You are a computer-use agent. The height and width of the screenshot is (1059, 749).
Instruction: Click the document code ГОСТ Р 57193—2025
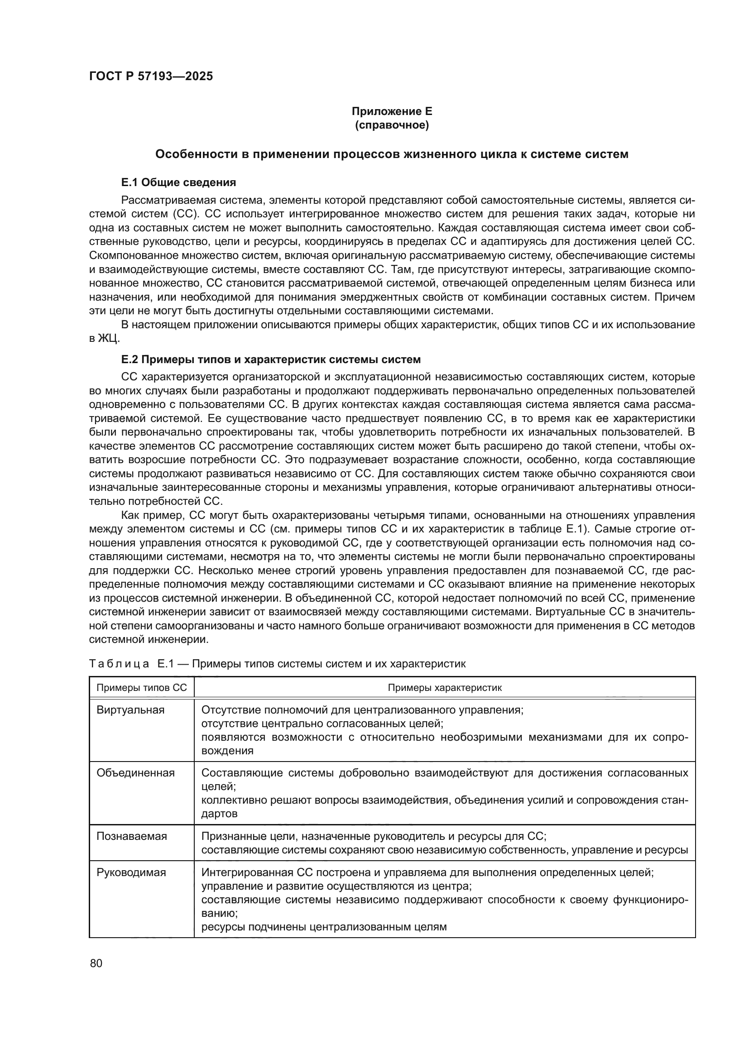pos(151,77)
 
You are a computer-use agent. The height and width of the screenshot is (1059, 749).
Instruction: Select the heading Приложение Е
pos(392,112)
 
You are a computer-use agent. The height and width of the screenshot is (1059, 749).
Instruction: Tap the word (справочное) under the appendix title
pos(392,125)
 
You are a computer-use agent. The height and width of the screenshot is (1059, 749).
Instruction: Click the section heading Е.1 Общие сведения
pos(178,182)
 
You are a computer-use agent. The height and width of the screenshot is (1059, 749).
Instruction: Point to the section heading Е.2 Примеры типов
pos(271,359)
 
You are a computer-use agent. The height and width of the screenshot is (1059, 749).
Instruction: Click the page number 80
pos(96,963)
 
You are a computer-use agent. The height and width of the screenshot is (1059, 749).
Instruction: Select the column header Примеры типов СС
pos(142,688)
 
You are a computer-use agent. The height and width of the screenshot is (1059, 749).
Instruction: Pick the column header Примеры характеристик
pos(444,688)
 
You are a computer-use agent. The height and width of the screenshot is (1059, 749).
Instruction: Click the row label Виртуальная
pos(130,710)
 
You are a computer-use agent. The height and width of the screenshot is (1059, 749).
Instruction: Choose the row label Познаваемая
pos(131,836)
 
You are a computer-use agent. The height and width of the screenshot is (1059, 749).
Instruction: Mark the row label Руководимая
pos(131,872)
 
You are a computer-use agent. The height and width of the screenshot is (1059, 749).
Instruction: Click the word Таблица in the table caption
pos(119,664)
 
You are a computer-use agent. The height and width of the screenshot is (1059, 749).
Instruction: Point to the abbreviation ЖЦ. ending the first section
pos(109,339)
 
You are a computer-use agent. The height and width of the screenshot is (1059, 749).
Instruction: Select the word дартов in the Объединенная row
pos(220,814)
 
